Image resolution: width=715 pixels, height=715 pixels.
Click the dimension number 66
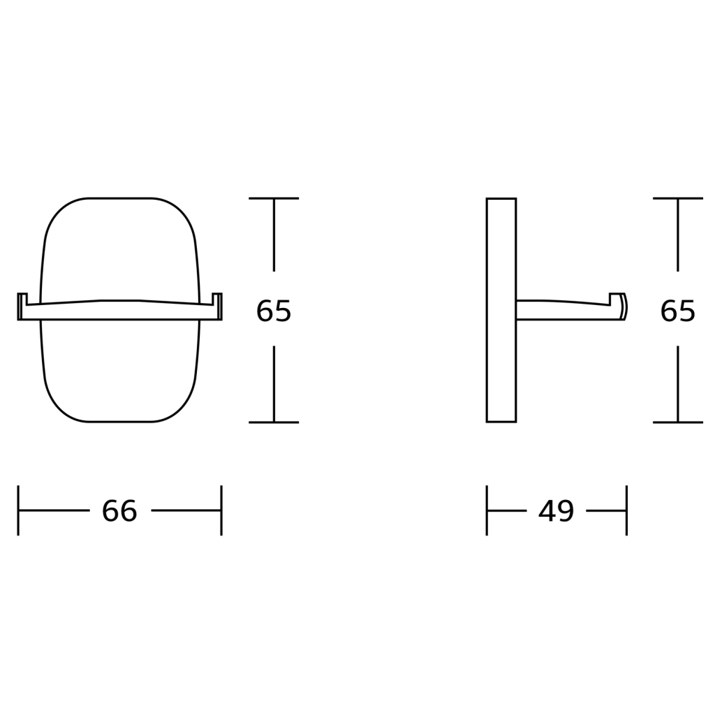click(x=119, y=510)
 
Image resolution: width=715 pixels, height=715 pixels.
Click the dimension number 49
click(x=556, y=510)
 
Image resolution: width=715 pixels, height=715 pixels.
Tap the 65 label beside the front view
click(x=274, y=311)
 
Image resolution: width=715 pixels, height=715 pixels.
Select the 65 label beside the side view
click(x=677, y=311)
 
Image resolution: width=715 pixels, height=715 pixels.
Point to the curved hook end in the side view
click(x=623, y=307)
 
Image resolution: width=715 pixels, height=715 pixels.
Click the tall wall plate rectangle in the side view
click(x=501, y=310)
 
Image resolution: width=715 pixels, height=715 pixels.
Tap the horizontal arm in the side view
click(x=563, y=310)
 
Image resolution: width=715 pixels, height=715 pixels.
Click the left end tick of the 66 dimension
click(x=18, y=510)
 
